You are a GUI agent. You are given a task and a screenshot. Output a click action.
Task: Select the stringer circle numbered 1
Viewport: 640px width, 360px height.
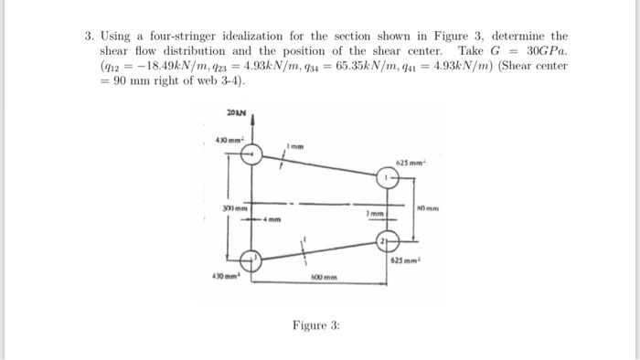pos(388,177)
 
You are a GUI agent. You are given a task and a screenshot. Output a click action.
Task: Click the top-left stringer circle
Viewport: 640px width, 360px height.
pos(251,155)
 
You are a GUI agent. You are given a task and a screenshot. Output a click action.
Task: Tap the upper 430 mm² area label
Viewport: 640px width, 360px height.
pos(227,140)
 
